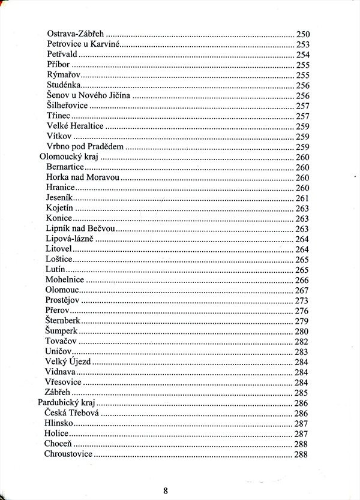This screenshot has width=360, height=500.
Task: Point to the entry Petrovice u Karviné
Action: click(83, 44)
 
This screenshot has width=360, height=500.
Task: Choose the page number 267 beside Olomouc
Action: click(301, 290)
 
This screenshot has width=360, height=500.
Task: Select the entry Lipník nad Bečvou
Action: click(80, 229)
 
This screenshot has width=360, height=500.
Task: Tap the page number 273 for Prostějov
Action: click(301, 300)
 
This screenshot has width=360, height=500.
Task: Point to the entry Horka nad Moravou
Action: click(83, 177)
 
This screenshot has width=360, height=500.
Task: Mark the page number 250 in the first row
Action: click(302, 33)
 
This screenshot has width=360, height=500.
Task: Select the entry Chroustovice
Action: click(68, 454)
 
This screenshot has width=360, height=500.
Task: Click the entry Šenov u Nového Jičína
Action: click(89, 95)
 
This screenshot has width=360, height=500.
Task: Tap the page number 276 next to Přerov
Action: click(301, 311)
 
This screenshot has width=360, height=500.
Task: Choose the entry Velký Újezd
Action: click(68, 362)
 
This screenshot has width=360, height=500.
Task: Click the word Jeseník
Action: click(59, 198)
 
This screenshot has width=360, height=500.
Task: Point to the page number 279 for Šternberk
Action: click(301, 321)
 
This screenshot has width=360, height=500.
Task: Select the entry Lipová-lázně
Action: click(70, 239)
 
